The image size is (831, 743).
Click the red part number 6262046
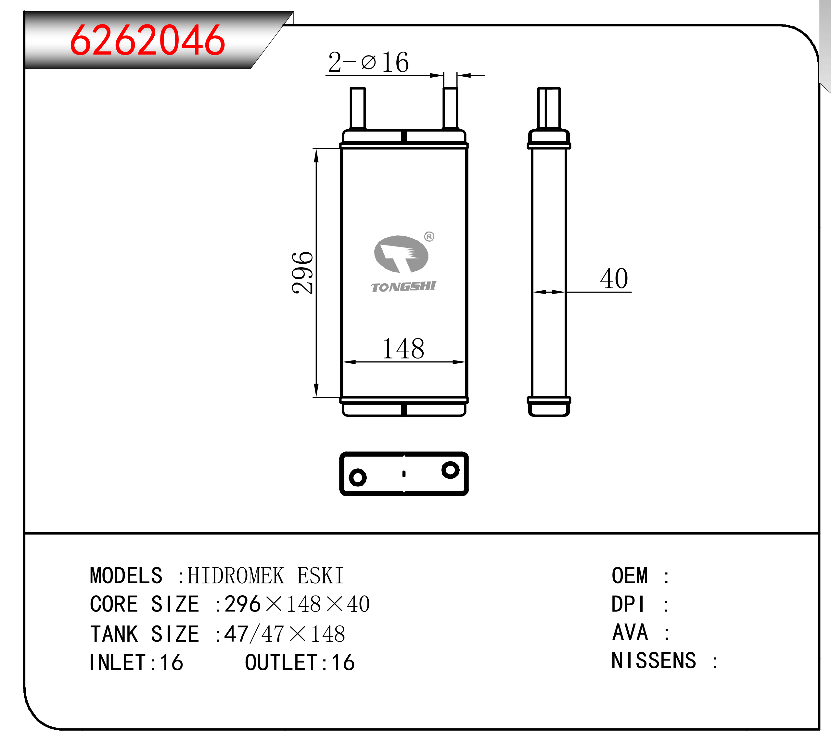click(147, 40)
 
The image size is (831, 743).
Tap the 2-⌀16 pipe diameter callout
click(368, 62)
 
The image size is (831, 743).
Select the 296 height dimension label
click(302, 273)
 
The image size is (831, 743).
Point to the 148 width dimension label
click(403, 349)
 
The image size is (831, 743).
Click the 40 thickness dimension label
click(614, 279)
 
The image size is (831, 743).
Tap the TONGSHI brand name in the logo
click(403, 287)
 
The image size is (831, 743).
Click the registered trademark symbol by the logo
click(429, 236)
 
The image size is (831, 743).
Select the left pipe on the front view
click(358, 108)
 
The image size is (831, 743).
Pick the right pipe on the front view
click(450, 108)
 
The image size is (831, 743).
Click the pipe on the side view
click(549, 108)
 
